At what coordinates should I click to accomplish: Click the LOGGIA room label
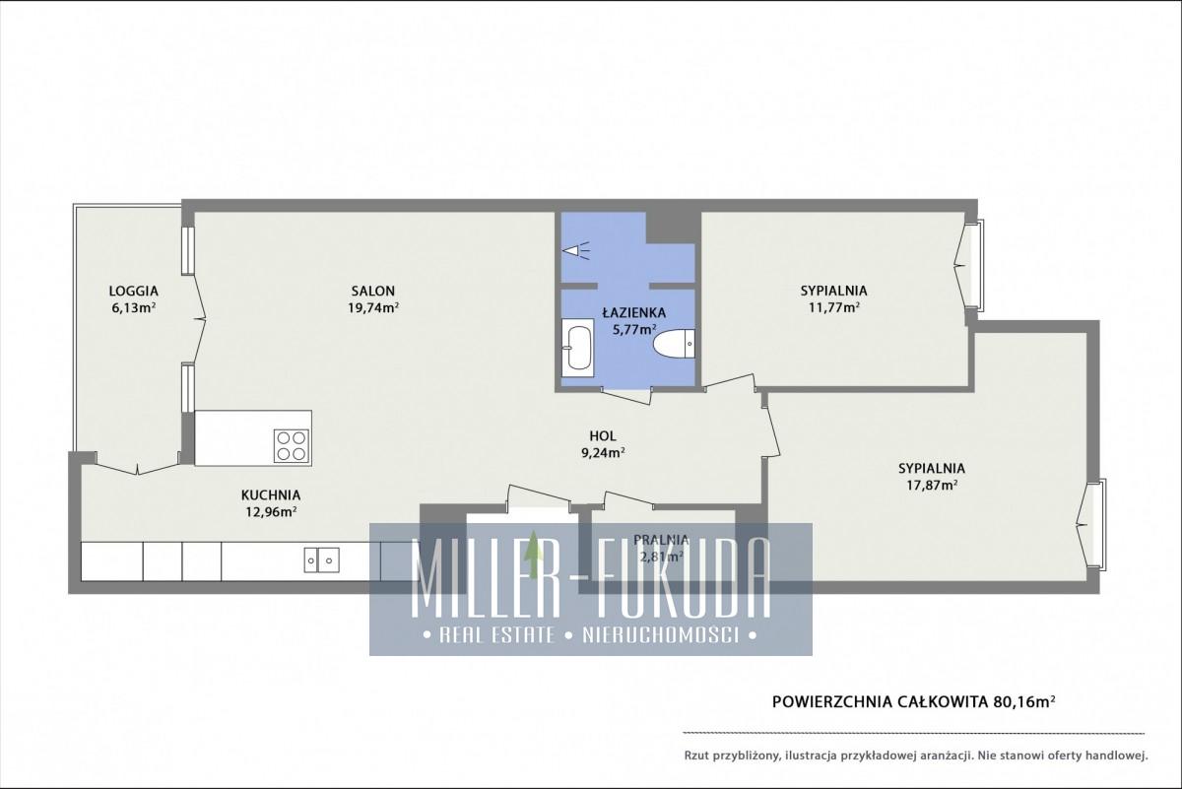tap(134, 291)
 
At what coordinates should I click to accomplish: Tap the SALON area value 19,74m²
tap(373, 307)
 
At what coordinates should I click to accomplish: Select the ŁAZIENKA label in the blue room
tap(634, 313)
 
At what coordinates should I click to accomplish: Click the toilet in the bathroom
tap(674, 344)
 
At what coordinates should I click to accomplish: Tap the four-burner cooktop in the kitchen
tap(292, 446)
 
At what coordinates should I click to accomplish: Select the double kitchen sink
tap(321, 559)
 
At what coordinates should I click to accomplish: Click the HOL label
tap(603, 436)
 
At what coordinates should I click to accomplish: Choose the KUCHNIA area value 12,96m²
tap(271, 512)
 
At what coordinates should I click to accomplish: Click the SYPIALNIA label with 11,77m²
tap(833, 291)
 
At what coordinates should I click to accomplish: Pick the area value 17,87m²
tap(933, 485)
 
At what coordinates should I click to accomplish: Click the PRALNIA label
tap(661, 540)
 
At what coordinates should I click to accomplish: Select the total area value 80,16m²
tap(1024, 701)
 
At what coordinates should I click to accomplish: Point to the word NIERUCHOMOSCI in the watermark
tap(660, 635)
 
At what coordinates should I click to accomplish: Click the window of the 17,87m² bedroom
tap(1100, 524)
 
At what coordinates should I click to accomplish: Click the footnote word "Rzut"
tap(696, 756)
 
